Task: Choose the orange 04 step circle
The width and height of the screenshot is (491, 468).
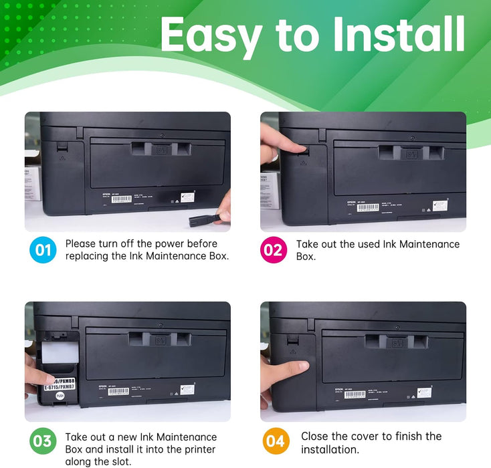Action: (274, 442)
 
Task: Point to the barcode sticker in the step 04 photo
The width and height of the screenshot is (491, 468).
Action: (355, 394)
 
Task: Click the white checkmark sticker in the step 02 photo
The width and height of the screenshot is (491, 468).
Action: (439, 205)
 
